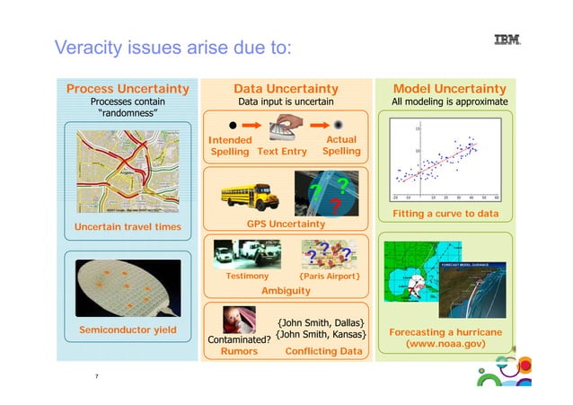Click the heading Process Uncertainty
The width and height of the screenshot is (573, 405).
[128, 89]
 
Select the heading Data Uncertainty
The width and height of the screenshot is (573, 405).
[286, 89]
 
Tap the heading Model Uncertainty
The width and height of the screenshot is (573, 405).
[450, 89]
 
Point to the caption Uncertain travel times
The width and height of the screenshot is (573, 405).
[127, 226]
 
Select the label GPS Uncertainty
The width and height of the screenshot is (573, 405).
[286, 222]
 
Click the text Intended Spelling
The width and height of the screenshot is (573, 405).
[229, 145]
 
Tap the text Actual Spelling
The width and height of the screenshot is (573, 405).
[341, 145]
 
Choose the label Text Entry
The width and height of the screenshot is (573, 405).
[282, 152]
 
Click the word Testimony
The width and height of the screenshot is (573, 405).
[246, 277]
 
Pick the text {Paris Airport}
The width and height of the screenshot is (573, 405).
[330, 277]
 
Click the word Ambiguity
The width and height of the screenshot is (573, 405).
[286, 291]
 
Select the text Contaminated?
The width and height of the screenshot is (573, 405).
[239, 339]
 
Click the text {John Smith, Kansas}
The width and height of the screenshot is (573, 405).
[322, 335]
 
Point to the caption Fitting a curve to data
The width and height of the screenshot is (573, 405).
[445, 213]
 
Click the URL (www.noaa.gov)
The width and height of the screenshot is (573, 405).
[445, 344]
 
